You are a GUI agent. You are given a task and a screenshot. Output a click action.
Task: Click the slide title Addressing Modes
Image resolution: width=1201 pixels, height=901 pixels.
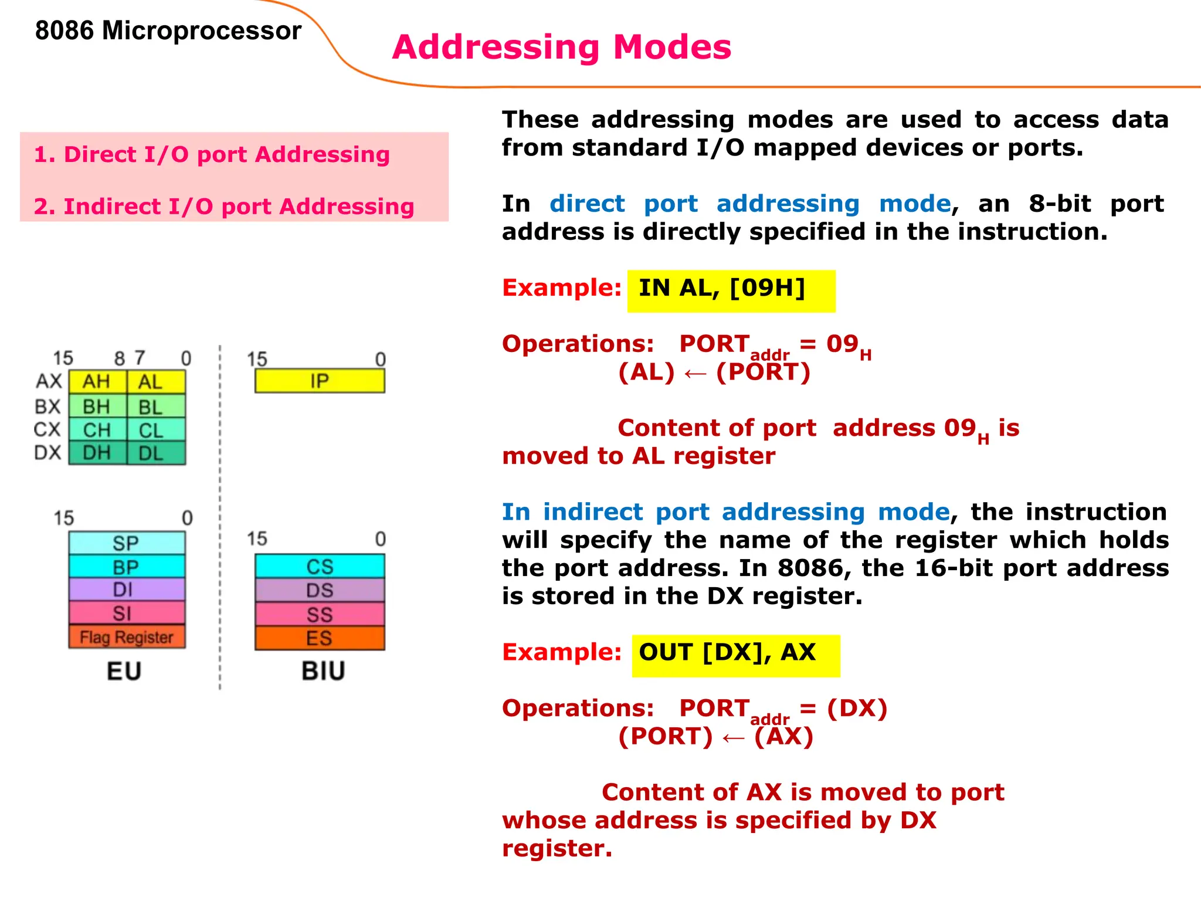tap(561, 47)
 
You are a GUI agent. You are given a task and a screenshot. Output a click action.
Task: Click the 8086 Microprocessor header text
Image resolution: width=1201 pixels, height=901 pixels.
tap(168, 31)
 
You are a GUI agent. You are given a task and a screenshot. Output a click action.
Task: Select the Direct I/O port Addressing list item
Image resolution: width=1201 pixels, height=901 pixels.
tap(212, 154)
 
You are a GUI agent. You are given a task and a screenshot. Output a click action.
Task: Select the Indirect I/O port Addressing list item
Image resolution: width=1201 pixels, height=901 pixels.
tap(223, 206)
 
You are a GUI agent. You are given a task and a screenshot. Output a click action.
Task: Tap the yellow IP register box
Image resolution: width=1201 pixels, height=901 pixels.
tap(320, 381)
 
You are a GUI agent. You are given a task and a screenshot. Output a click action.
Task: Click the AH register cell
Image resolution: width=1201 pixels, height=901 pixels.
tap(97, 382)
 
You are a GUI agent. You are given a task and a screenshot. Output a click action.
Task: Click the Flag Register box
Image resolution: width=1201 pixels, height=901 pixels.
tap(127, 637)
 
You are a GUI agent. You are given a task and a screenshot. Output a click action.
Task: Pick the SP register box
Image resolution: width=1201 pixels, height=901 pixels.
tap(126, 543)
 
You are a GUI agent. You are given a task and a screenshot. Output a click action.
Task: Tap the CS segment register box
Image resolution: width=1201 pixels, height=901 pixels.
tap(320, 567)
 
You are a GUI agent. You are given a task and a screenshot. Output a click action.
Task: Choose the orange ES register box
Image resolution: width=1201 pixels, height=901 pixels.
tap(320, 638)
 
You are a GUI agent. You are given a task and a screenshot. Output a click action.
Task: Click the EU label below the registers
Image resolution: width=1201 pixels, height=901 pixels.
tap(124, 671)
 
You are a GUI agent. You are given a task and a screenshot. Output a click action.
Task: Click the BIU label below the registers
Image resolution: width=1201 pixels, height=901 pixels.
tap(323, 671)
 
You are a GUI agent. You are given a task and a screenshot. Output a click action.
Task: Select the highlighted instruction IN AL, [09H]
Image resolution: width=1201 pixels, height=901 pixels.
tap(722, 288)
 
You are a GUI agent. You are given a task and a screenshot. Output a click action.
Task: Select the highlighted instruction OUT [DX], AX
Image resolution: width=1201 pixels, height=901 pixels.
tap(727, 652)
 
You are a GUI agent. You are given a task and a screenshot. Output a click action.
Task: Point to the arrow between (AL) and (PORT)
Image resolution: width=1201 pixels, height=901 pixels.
tap(696, 374)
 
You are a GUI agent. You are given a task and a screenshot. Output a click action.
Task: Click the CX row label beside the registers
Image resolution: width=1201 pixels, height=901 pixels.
tap(47, 429)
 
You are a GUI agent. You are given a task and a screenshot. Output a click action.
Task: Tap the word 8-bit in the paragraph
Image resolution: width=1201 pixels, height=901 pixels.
tap(1060, 204)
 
